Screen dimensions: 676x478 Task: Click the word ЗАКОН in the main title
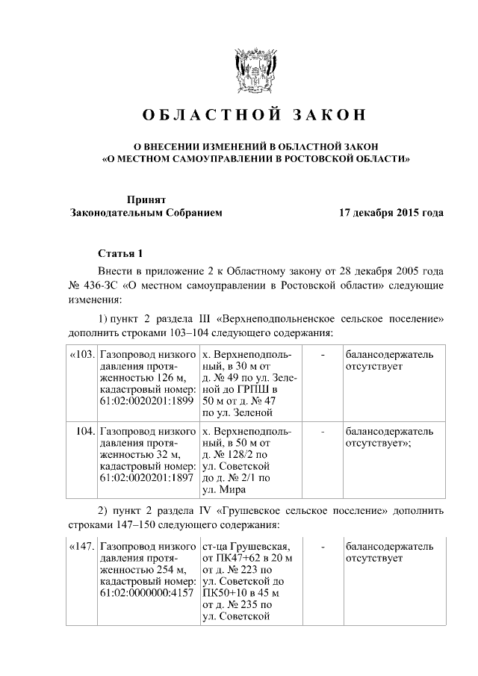[325, 115]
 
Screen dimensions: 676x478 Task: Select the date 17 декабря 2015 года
[391, 213]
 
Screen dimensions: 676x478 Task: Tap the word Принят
[146, 199]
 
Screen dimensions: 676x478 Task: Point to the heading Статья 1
[119, 253]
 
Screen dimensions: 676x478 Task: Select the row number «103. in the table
[81, 354]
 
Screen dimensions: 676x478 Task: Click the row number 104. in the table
[84, 432]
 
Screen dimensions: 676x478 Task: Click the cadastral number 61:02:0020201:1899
[146, 400]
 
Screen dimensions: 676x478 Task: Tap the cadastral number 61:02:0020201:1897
[146, 478]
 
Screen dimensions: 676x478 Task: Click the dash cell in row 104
[321, 432]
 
